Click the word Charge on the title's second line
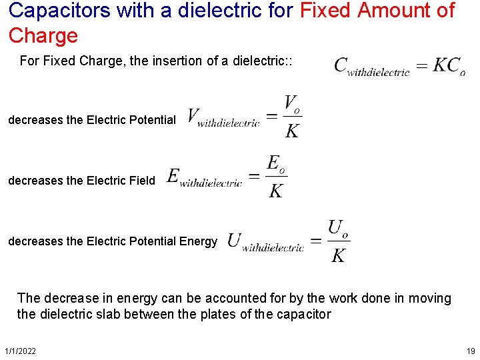click(x=43, y=35)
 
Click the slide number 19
click(x=471, y=351)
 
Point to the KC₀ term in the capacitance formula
click(x=449, y=65)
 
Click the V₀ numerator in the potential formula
click(x=293, y=104)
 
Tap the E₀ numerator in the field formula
click(x=276, y=163)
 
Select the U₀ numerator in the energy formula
click(x=339, y=229)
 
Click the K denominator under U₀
click(x=339, y=255)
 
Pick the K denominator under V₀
click(x=292, y=131)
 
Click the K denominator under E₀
click(x=275, y=191)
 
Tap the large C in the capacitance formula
click(x=341, y=65)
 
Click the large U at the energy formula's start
click(x=234, y=240)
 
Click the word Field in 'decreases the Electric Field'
click(x=142, y=180)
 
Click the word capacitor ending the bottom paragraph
click(x=303, y=314)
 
